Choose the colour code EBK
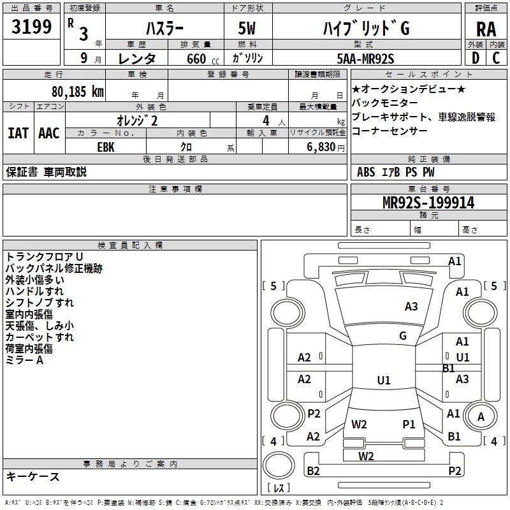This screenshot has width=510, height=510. (106, 147)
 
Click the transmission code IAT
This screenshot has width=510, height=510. (18, 133)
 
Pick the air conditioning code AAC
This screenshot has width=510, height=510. (49, 133)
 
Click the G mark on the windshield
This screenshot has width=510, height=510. (403, 336)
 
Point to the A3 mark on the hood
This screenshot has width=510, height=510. (411, 307)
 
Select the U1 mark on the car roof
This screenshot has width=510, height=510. (383, 381)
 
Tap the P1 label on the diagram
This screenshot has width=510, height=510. (409, 424)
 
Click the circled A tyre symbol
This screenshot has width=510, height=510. (481, 417)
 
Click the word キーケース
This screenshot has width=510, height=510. (33, 477)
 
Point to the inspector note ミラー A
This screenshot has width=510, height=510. (25, 361)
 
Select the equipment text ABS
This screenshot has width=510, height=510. (366, 172)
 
